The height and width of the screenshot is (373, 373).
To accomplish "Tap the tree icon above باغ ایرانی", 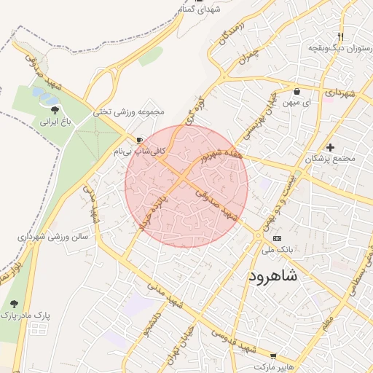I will click(55, 110).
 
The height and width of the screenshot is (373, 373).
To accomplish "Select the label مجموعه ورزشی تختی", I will click(129, 113).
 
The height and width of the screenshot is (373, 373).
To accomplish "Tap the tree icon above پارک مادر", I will click(14, 303).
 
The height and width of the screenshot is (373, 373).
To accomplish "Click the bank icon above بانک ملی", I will click(276, 238).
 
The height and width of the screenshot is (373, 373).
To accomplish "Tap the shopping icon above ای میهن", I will click(297, 92).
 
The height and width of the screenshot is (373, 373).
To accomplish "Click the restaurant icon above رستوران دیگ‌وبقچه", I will click(341, 36).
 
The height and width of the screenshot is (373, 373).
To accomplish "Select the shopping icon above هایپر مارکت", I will click(273, 357).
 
